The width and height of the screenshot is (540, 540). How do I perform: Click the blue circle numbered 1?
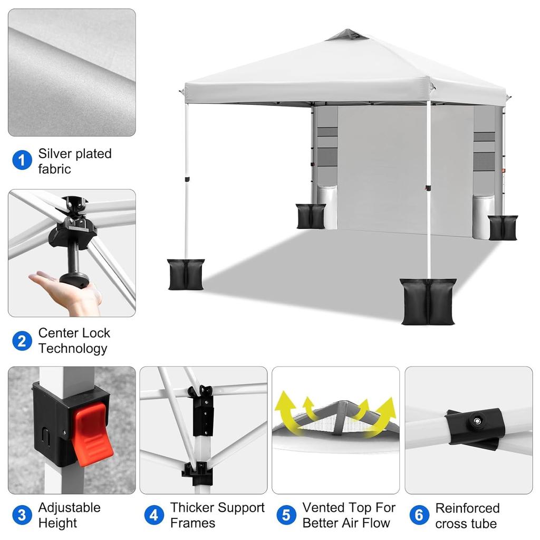(x=22, y=160)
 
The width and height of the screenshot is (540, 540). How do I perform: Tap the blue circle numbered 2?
(x=22, y=341)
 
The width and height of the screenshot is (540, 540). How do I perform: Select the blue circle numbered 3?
(x=22, y=515)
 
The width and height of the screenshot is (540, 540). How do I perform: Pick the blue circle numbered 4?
(x=154, y=515)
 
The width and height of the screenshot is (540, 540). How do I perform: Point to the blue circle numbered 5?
(x=286, y=515)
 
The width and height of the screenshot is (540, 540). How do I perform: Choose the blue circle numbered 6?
(x=419, y=515)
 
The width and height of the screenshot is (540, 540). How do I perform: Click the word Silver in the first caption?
(x=55, y=153)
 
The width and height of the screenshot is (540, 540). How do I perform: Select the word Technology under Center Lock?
(x=73, y=349)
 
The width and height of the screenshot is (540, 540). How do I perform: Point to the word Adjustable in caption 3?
(x=69, y=508)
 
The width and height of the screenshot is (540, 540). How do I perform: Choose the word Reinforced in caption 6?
(x=467, y=508)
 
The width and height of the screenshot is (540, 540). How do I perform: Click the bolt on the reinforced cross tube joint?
(x=477, y=421)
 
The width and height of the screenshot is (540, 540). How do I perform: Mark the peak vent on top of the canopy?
(x=347, y=35)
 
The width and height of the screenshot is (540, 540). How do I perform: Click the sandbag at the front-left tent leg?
(x=186, y=274)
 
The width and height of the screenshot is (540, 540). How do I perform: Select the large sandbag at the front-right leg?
(x=428, y=302)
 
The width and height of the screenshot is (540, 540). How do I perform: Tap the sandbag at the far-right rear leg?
(x=503, y=228)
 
